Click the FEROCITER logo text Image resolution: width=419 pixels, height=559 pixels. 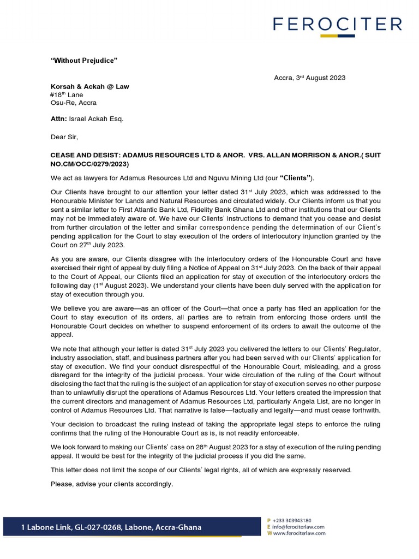[337, 24]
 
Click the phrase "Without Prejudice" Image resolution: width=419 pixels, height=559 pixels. [84, 60]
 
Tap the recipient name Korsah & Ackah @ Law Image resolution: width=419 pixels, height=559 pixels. [90, 86]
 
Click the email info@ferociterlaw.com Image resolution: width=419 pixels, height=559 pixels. [300, 527]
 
